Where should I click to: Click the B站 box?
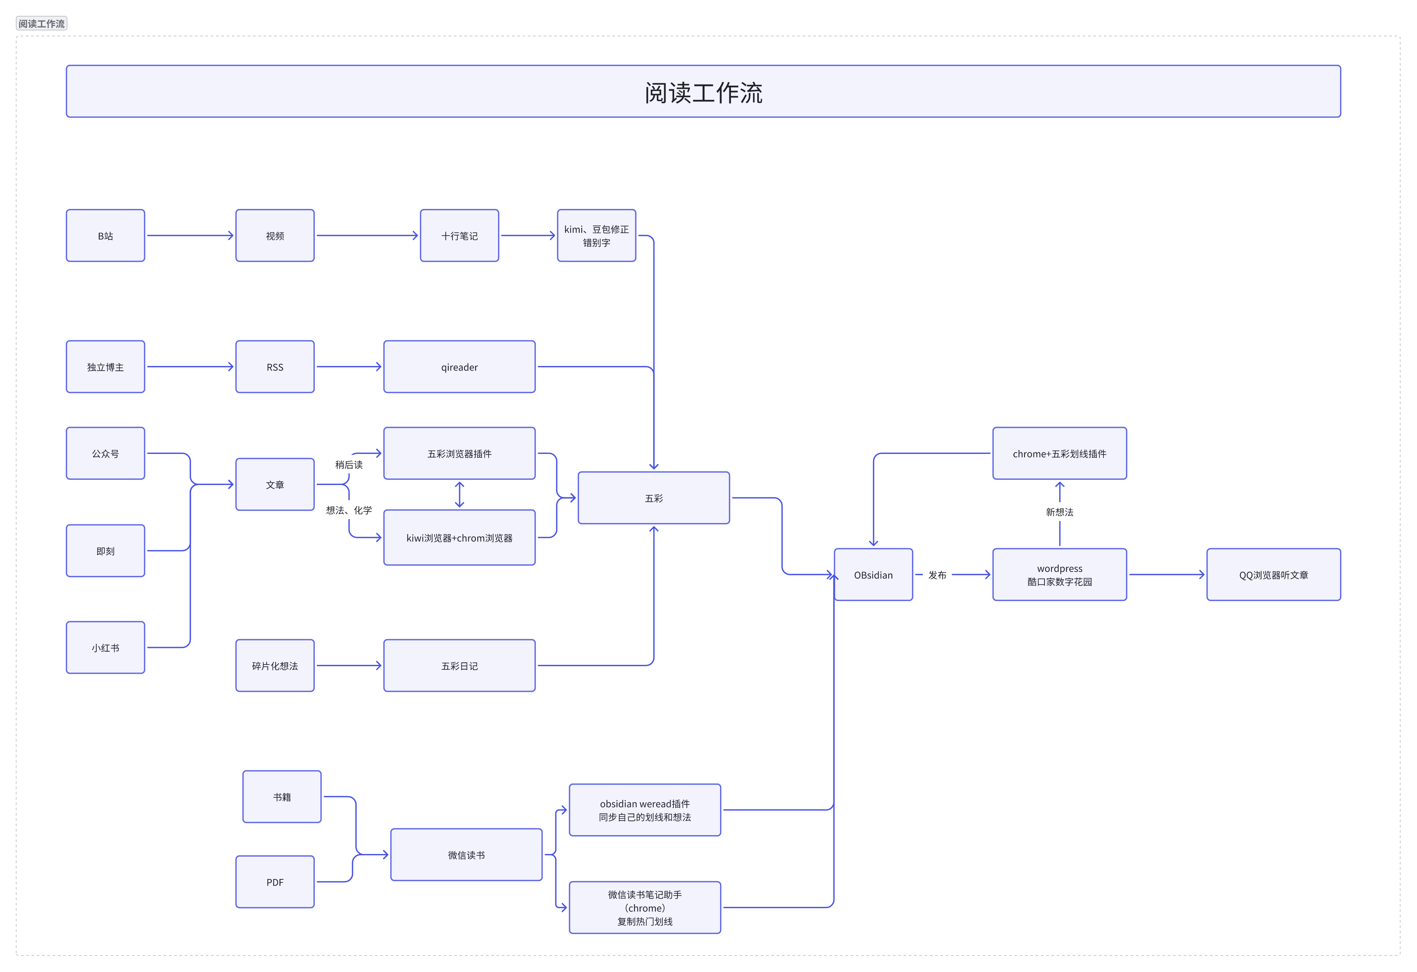105,235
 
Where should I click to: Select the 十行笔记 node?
459,235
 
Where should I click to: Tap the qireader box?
459,367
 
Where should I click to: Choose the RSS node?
275,367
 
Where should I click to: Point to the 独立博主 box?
105,367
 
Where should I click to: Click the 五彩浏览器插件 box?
459,453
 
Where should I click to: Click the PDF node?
275,882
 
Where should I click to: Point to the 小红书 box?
105,647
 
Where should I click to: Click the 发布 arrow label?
937,575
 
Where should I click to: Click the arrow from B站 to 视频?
190,235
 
